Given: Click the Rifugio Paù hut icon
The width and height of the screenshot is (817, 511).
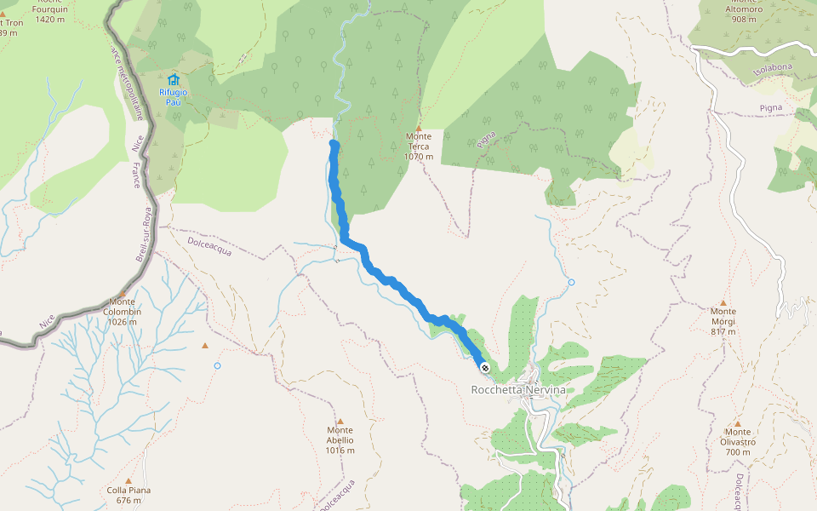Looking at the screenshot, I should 174,79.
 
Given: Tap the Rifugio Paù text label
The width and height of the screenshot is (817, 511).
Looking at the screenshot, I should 173,96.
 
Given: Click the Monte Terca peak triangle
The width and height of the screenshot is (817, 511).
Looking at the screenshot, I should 419,127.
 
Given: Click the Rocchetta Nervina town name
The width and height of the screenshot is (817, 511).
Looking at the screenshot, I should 517,390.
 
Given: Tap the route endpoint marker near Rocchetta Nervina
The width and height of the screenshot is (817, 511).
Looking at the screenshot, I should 485,368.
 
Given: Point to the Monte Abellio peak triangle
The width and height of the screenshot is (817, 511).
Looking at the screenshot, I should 340,421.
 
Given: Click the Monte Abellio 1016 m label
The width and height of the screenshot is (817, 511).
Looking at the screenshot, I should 340,445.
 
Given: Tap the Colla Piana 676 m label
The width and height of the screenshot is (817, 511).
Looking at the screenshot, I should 129,495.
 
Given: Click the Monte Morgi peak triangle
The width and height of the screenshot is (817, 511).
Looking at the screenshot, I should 723,302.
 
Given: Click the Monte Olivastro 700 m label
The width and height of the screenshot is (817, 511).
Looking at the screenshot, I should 737,446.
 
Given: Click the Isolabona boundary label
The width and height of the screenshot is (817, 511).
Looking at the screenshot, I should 773,71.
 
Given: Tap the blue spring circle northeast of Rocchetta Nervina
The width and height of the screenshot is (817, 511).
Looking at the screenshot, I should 571,282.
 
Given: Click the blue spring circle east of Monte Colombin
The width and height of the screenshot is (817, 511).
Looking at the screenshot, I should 217,365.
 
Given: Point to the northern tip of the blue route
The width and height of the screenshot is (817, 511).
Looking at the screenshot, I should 334,145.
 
